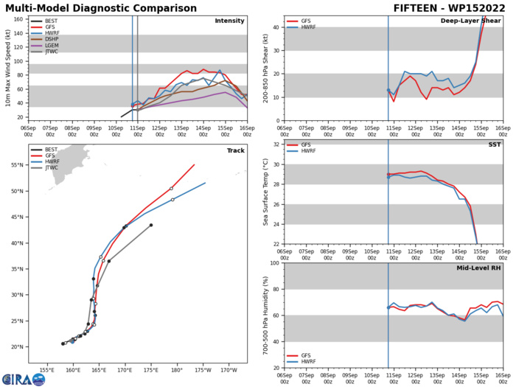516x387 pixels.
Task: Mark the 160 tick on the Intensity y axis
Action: pyautogui.click(x=19, y=19)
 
